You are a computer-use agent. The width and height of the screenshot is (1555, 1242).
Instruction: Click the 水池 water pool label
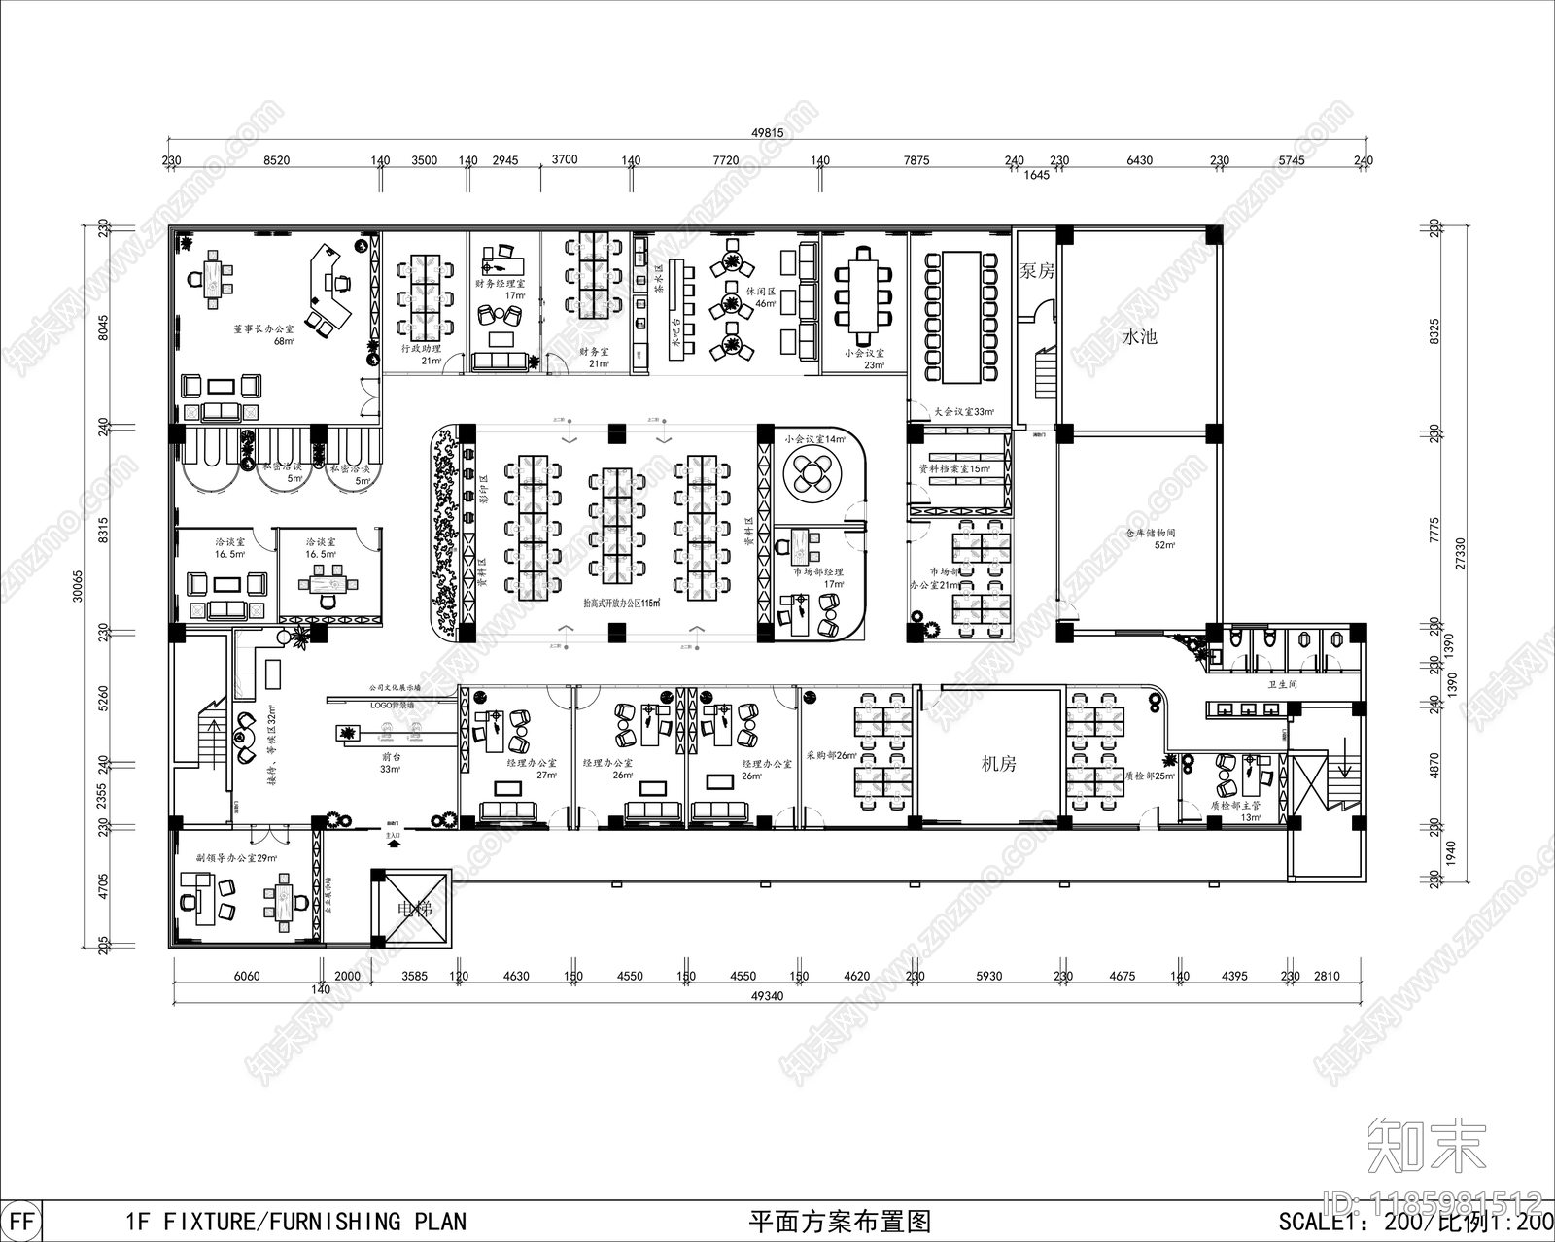click(1139, 337)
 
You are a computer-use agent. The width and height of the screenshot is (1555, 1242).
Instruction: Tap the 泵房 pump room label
click(1037, 271)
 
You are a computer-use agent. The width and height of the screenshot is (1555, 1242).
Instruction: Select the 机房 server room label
click(998, 764)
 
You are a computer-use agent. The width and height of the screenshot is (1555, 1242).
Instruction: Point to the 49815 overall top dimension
click(768, 133)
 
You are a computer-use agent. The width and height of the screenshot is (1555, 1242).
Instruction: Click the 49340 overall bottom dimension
click(768, 995)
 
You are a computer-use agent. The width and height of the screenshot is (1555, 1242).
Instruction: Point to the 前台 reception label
click(391, 757)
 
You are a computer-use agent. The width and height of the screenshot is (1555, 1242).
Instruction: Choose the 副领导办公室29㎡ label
click(236, 858)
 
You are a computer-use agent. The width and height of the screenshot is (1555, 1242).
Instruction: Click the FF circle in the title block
click(21, 1221)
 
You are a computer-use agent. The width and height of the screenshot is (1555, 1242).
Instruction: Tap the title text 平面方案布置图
click(841, 1222)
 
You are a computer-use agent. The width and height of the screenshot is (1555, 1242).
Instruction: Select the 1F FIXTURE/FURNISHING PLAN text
click(296, 1222)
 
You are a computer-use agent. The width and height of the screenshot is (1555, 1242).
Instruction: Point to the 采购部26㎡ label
click(831, 754)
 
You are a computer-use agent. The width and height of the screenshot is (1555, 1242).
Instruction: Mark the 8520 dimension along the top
click(275, 160)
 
